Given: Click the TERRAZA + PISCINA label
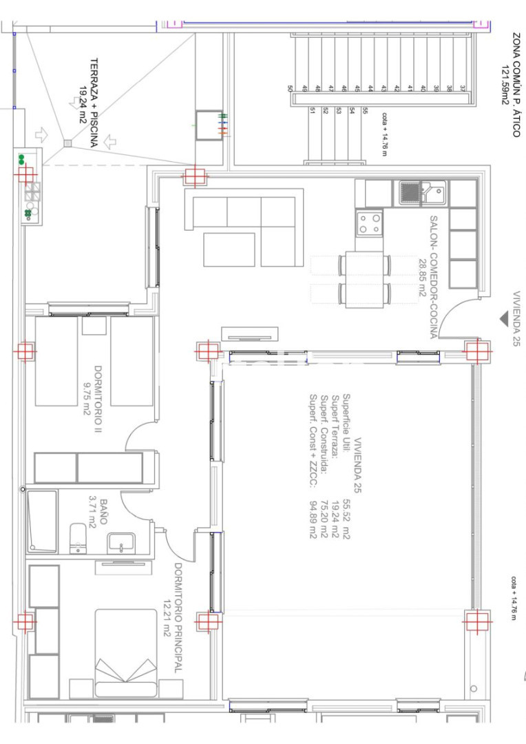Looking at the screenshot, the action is click(x=94, y=103).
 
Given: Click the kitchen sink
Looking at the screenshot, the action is click(x=421, y=193).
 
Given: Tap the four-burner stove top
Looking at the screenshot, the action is click(x=369, y=224).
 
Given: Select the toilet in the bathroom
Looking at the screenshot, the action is click(x=78, y=538).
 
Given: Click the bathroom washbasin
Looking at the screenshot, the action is click(x=121, y=544).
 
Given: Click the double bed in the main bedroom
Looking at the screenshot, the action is click(x=126, y=653).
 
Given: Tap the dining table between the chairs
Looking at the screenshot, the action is click(x=364, y=280).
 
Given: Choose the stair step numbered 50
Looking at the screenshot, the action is click(x=291, y=88).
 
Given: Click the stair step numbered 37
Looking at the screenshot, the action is click(x=463, y=88).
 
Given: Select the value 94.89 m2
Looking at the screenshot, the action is click(x=313, y=519).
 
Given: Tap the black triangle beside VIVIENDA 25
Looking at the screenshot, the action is click(x=504, y=319).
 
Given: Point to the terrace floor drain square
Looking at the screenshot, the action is click(x=68, y=143).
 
